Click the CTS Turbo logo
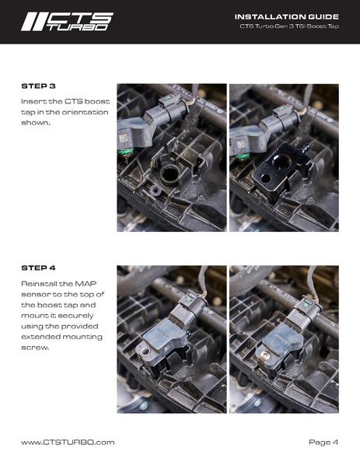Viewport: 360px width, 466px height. click(67, 21)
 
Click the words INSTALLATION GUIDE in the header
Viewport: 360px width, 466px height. click(286, 16)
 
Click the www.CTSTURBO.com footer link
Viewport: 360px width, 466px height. click(68, 442)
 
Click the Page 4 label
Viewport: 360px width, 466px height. click(323, 442)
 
